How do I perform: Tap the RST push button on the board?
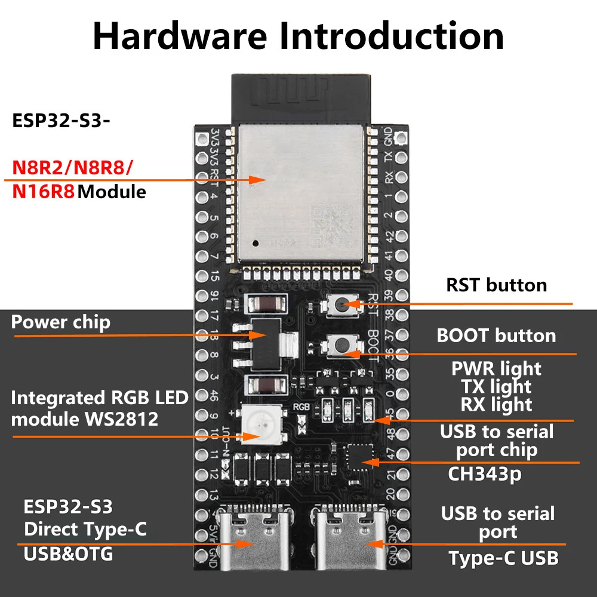[339, 305]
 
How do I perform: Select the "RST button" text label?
[497, 285]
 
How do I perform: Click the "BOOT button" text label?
[496, 336]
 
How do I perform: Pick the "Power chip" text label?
[61, 322]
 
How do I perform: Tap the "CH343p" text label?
[484, 475]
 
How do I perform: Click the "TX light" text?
[496, 387]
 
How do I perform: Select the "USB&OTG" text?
[68, 554]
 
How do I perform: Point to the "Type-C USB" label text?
[503, 558]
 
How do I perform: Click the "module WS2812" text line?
[85, 419]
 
